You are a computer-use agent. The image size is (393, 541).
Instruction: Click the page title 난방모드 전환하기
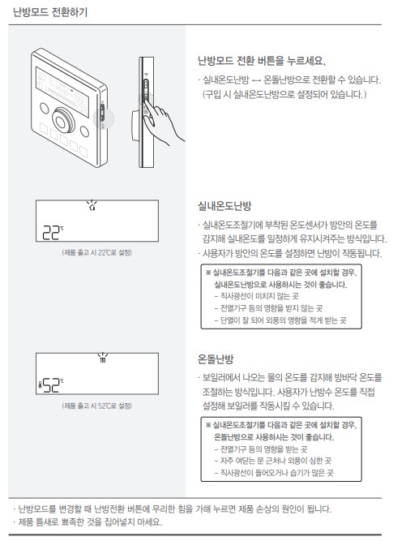pyautogui.click(x=51, y=12)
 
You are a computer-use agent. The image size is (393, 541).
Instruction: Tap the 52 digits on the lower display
pyautogui.click(x=54, y=386)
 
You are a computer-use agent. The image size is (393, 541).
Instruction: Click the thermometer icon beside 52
pyautogui.click(x=41, y=387)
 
